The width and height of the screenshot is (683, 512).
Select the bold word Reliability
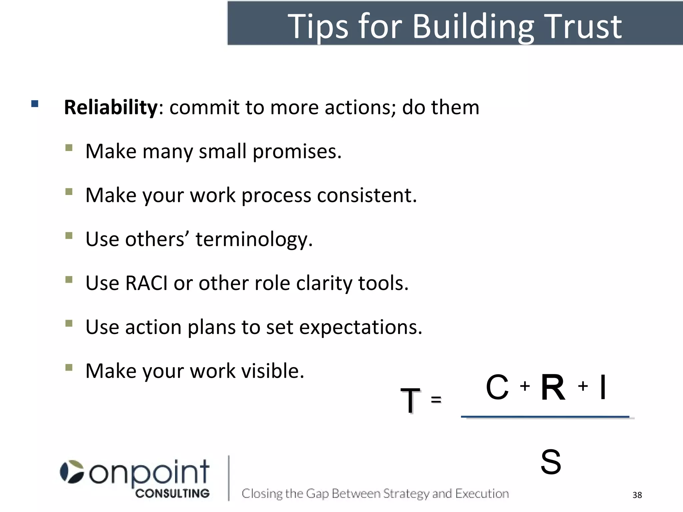click(110, 107)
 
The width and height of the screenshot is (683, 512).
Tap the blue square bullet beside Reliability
click(35, 103)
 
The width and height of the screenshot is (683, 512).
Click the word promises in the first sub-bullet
click(297, 152)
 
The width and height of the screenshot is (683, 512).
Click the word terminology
click(254, 239)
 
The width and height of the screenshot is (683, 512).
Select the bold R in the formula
click(553, 387)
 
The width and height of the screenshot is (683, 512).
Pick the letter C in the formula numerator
click(497, 387)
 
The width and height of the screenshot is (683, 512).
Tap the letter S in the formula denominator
click(551, 462)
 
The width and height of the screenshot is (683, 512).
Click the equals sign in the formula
click(436, 399)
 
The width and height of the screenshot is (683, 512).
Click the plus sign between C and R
click(525, 386)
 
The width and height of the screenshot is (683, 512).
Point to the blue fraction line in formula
click(545, 417)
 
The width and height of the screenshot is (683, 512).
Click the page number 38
click(637, 495)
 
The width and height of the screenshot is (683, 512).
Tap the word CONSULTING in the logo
click(172, 493)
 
